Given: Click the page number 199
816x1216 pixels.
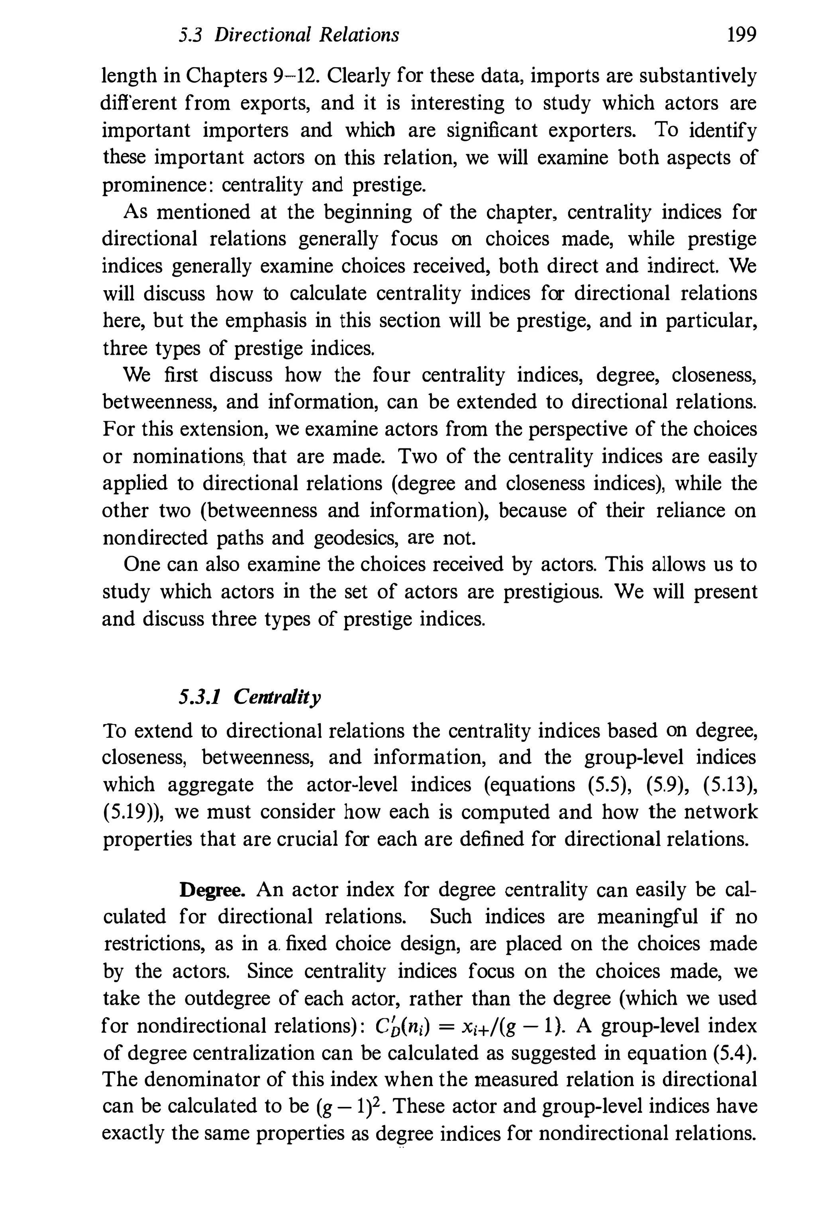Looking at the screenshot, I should coord(741,35).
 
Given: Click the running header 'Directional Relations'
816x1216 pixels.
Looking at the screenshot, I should coord(307,35).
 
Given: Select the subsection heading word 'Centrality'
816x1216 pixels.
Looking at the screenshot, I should coord(277,697).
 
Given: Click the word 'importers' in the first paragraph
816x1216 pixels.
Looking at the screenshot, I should coord(245,130).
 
